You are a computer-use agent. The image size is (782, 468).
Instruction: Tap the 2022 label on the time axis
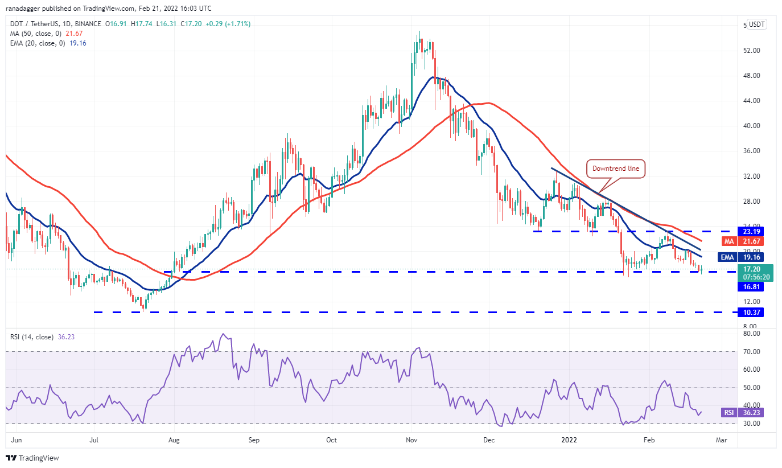(570, 440)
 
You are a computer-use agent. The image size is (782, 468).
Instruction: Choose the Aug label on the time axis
(174, 440)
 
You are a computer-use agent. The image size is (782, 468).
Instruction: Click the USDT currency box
(756, 24)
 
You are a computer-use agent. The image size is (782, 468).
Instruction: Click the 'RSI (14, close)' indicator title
(32, 336)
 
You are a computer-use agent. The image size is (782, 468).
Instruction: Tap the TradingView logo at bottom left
(32, 458)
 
